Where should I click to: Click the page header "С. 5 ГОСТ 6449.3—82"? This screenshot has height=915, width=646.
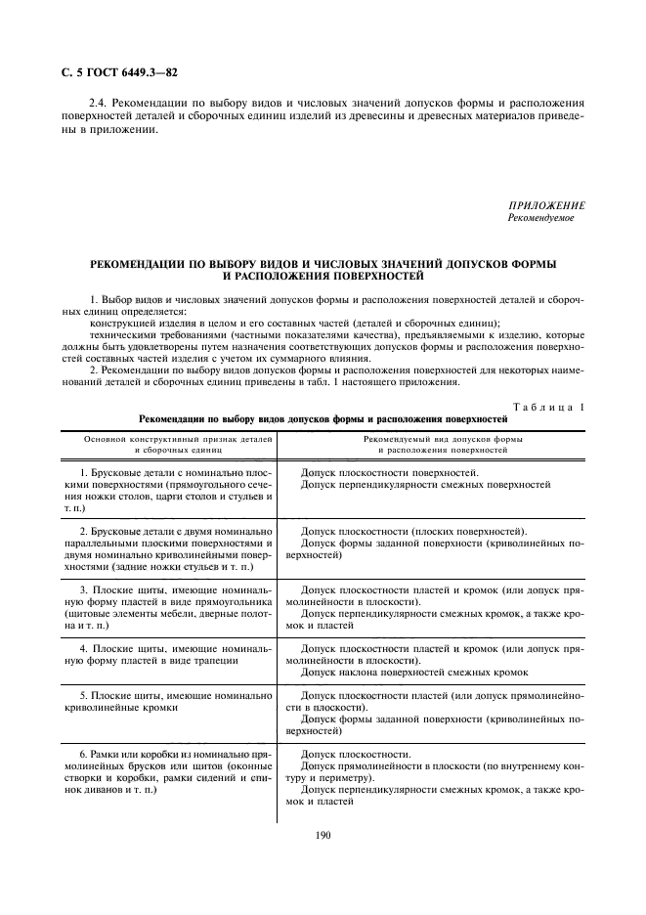click(x=120, y=72)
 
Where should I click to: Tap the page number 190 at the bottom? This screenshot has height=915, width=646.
click(x=324, y=836)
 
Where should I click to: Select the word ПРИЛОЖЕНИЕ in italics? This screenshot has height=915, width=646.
click(x=547, y=206)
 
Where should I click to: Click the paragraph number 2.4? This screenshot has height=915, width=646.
click(x=100, y=103)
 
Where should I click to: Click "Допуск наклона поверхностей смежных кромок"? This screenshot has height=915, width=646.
click(x=414, y=672)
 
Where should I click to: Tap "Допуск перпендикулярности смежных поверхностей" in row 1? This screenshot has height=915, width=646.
click(x=425, y=484)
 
